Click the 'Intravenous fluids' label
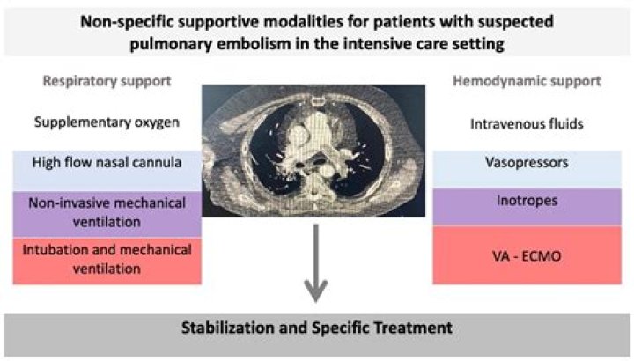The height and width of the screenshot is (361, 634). pos(525,123)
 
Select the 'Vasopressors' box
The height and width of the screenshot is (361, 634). pos(525,164)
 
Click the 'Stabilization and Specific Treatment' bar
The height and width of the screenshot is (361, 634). pos(317,329)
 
